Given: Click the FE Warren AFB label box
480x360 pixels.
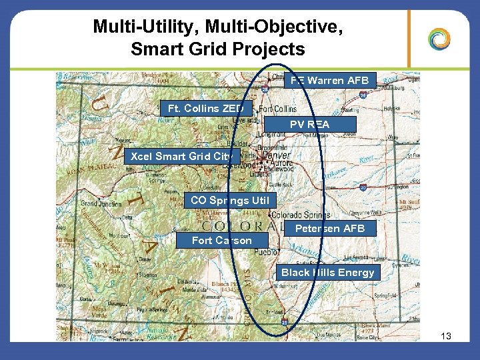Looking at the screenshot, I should [x=329, y=81].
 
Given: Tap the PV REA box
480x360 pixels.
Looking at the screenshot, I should [x=309, y=124].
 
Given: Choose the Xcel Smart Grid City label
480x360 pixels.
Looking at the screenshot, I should [x=181, y=157].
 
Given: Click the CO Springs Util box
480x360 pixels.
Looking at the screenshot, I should [x=229, y=200].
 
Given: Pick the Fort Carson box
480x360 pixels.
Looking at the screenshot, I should [x=221, y=240].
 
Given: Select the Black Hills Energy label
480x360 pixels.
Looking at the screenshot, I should [x=327, y=272].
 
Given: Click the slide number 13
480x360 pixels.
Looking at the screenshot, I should [x=446, y=337].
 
